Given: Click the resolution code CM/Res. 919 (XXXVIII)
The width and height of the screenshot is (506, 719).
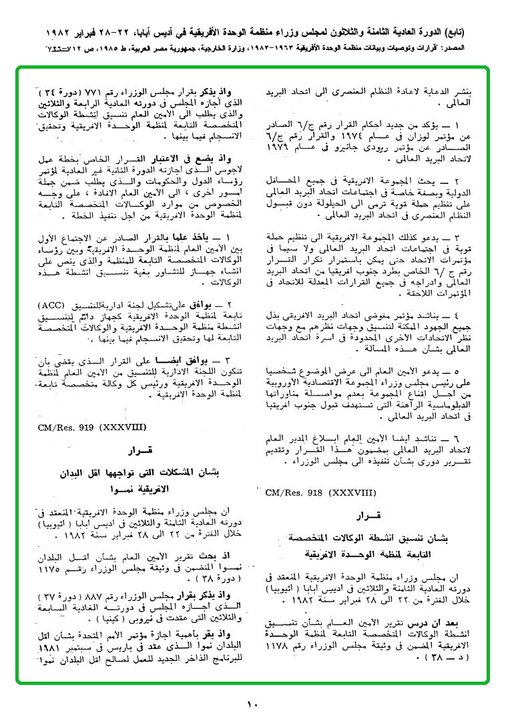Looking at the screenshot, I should click(92, 424).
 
